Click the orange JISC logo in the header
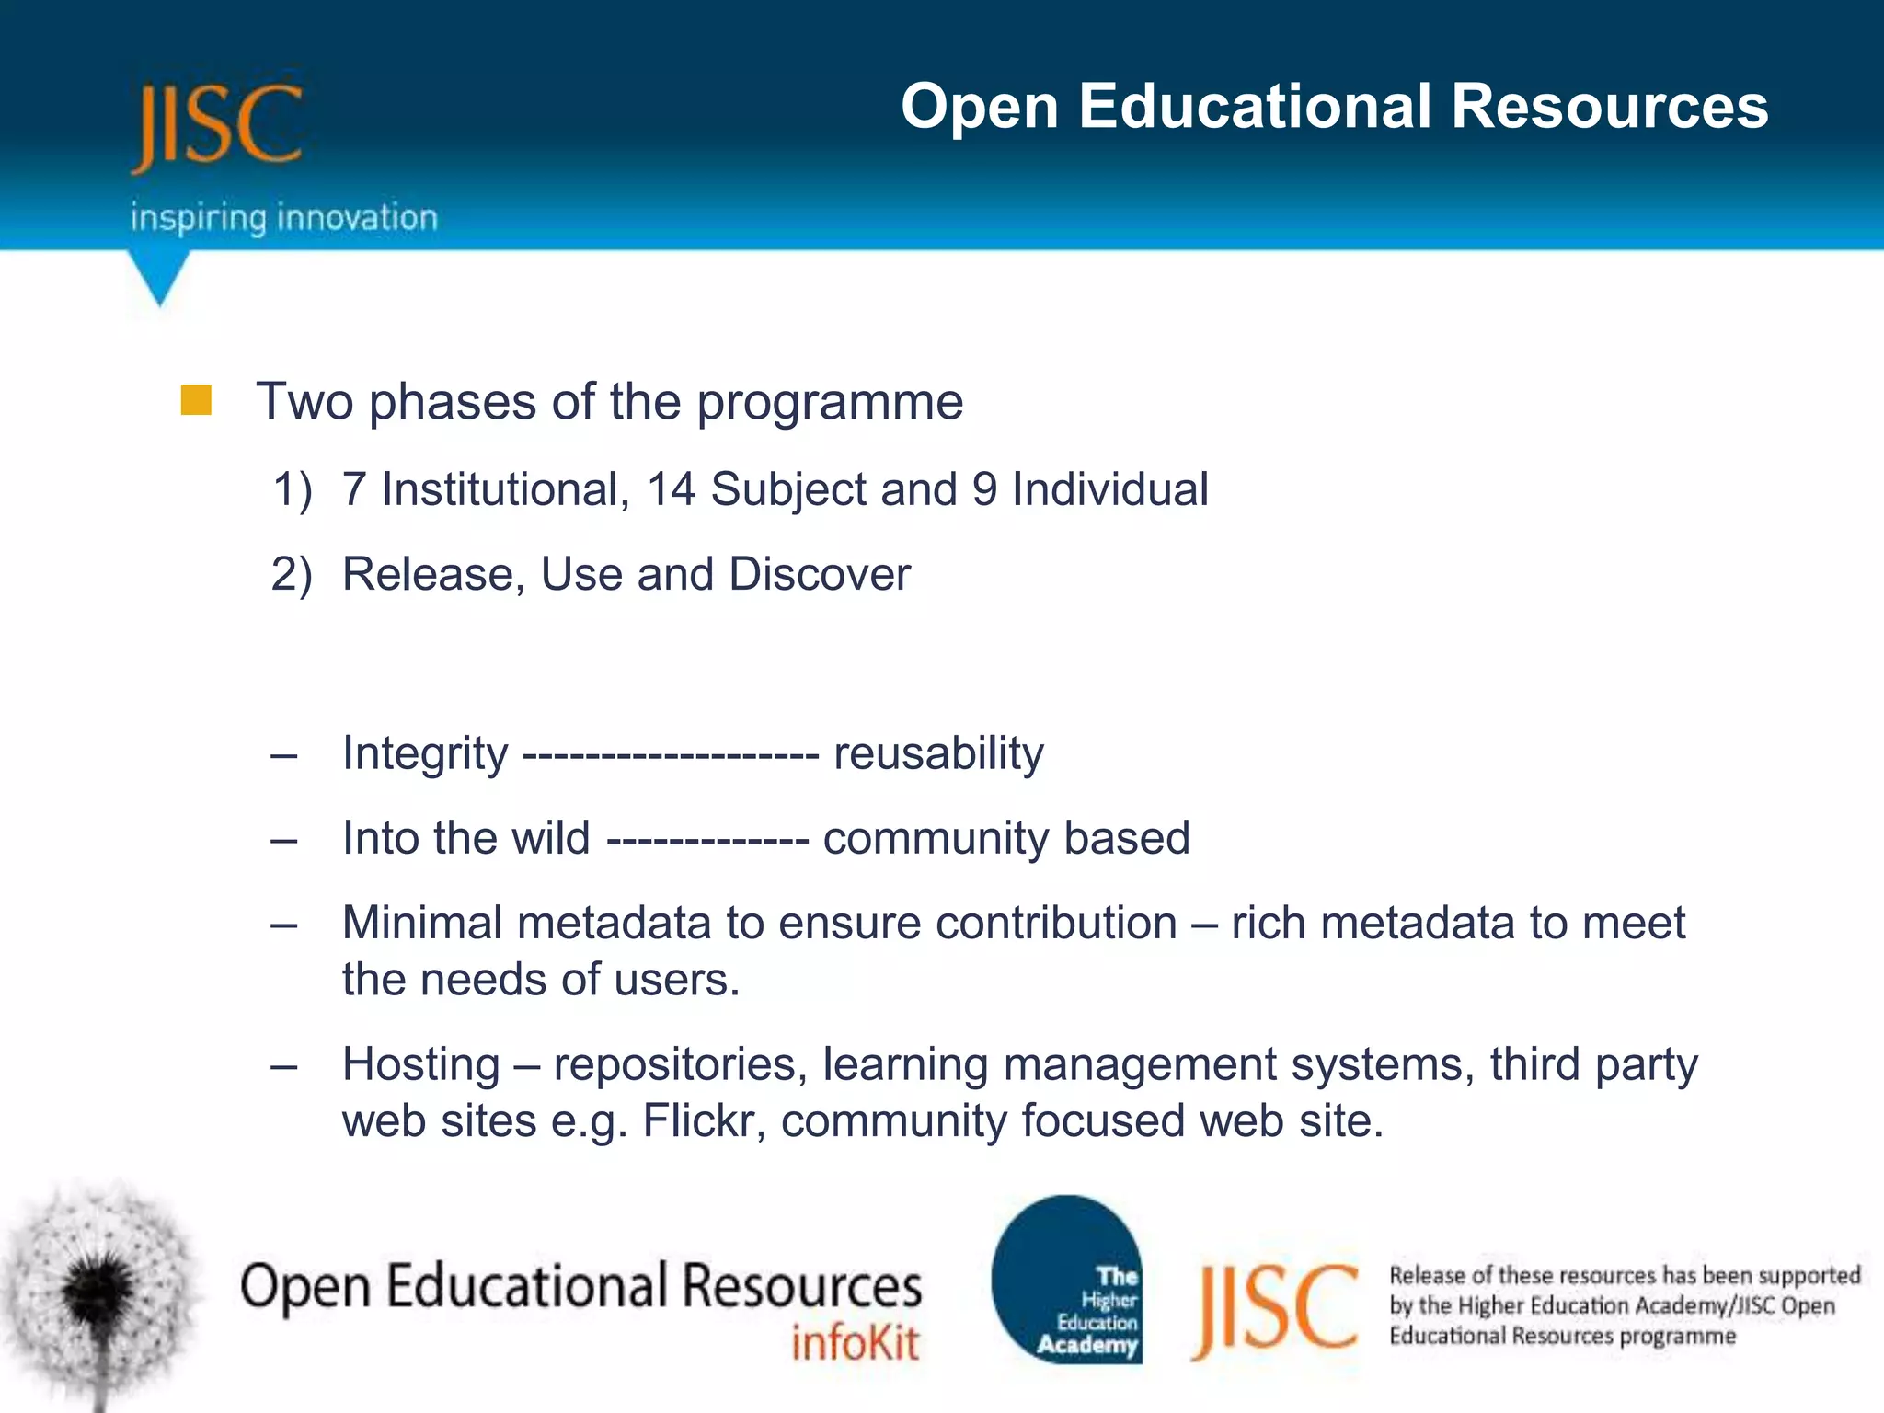tap(217, 126)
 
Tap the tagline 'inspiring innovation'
tap(283, 218)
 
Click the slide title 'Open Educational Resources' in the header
tap(1333, 106)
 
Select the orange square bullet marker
tap(196, 400)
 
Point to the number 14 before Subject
tap(671, 489)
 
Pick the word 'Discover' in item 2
tap(819, 575)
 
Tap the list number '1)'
tap(293, 489)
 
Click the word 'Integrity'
tap(424, 753)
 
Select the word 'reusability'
tap(938, 753)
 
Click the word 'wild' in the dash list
tap(550, 838)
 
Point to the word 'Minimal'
tap(422, 923)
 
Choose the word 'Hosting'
tap(420, 1064)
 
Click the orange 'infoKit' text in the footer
tap(855, 1344)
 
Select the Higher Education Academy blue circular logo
tap(1067, 1280)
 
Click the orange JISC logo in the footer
tap(1275, 1308)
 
